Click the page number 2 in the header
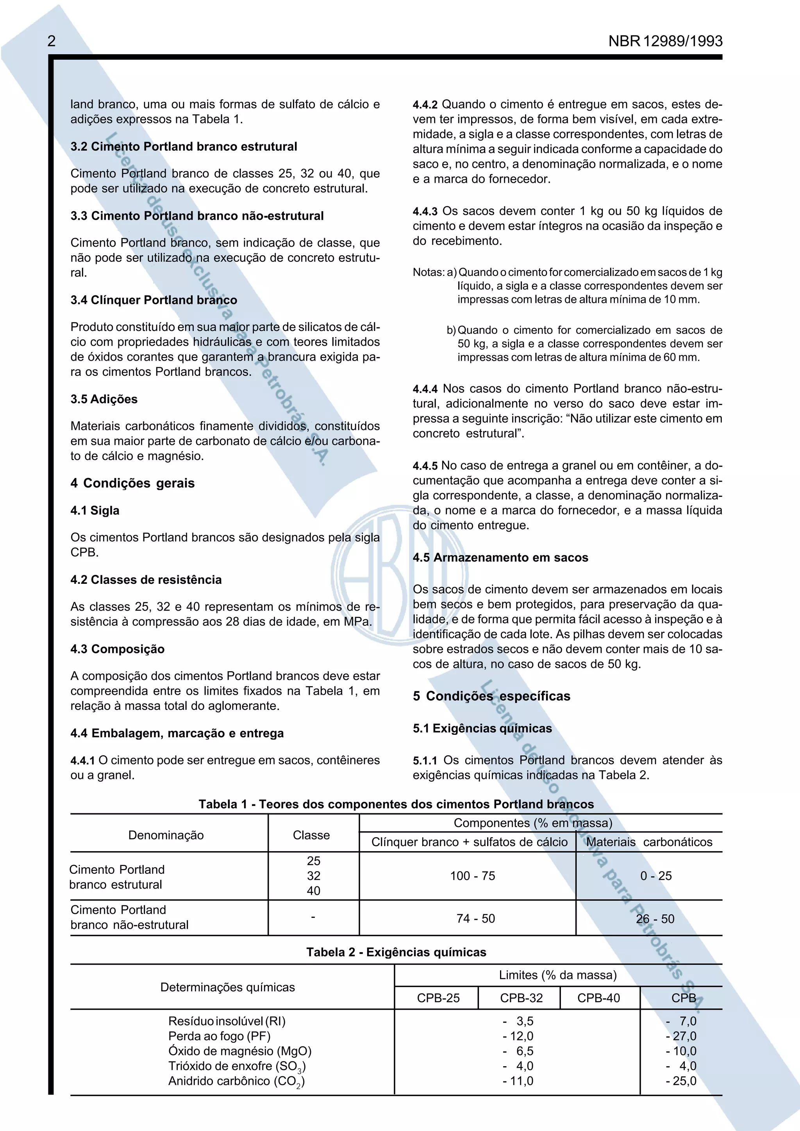(51, 41)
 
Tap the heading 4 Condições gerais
(132, 483)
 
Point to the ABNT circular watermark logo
(399, 575)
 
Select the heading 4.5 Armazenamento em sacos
(500, 558)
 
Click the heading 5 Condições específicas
(491, 696)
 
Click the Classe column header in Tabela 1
(311, 835)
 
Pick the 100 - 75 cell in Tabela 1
(472, 876)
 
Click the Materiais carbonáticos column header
(649, 842)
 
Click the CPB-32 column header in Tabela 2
(521, 998)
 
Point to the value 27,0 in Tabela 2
(684, 1036)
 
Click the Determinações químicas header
(227, 987)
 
